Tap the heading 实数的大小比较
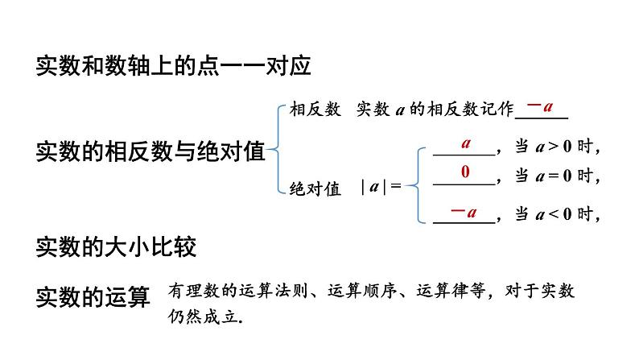(116, 246)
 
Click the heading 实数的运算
(93, 296)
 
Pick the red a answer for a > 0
(466, 143)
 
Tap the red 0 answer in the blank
(465, 172)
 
